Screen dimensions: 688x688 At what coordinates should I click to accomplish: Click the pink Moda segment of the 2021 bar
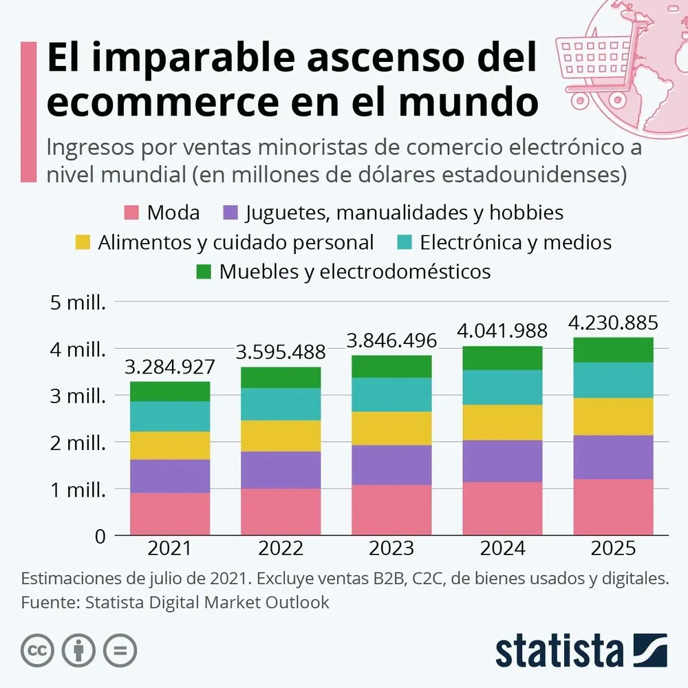point(170,514)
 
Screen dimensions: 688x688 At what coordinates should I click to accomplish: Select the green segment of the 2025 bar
point(613,350)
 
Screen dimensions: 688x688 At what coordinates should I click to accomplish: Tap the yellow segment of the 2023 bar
point(391,428)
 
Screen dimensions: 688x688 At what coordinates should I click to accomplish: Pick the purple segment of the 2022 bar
point(281,470)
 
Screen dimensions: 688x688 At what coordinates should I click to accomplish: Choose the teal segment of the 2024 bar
point(502,387)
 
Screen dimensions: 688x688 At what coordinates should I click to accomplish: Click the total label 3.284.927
point(170,367)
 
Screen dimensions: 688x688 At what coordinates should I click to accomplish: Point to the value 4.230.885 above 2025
point(613,323)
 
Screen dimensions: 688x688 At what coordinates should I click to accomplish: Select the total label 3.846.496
point(391,341)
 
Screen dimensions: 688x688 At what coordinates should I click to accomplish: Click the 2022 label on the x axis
point(281,548)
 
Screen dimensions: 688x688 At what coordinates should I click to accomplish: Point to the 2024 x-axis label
point(502,548)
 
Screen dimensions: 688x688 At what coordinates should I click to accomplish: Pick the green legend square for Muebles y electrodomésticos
point(204,272)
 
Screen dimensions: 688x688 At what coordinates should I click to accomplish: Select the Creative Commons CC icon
point(37,650)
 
